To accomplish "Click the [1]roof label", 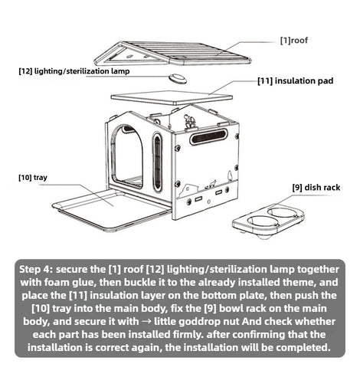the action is [294, 41].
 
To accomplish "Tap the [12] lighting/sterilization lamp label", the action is [74, 71].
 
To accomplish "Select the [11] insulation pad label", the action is [296, 80].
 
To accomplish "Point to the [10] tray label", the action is [33, 177].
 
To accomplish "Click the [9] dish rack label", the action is [316, 188].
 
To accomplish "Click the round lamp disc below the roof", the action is [178, 78].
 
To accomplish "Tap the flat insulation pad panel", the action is [172, 97].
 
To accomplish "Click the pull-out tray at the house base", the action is [112, 209].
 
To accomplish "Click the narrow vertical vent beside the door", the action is [158, 162].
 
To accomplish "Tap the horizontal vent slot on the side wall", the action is [208, 137].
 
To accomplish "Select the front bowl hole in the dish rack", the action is [262, 221].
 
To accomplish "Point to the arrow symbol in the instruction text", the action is [146, 322].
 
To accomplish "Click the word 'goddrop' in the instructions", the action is [196, 322].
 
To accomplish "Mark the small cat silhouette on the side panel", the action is [211, 184].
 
